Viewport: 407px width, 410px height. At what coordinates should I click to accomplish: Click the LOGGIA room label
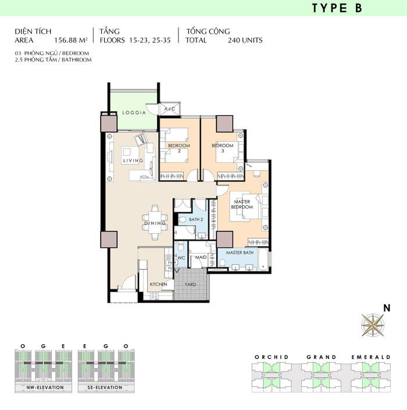tap(134, 113)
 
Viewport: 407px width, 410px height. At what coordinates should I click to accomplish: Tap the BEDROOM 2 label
tap(179, 148)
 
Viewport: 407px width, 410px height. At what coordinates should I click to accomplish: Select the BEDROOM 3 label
tap(223, 148)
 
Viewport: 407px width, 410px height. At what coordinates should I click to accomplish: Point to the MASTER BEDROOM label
tap(242, 204)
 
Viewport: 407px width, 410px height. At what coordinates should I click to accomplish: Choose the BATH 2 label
tap(196, 219)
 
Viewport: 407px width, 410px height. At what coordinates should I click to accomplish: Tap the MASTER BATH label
tap(240, 252)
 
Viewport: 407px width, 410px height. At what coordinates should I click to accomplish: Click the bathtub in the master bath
tap(263, 259)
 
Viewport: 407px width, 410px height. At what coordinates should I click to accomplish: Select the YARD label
tap(190, 284)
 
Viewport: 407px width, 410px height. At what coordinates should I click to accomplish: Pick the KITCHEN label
tap(158, 284)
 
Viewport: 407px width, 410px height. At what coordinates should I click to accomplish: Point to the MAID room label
tap(201, 257)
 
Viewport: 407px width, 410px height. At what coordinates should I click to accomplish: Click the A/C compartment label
tap(170, 109)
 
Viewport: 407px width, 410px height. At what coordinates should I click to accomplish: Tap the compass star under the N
tap(373, 325)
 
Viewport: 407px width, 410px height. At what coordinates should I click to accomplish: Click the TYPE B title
tap(337, 8)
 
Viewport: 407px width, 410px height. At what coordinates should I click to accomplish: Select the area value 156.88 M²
tap(70, 40)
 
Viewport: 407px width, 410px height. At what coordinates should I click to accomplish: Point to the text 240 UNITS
tap(245, 40)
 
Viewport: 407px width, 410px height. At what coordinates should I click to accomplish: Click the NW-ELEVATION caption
tap(45, 387)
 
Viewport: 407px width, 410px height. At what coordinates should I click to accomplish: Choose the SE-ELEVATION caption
tap(105, 387)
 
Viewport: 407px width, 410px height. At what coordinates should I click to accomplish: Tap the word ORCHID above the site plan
tap(272, 357)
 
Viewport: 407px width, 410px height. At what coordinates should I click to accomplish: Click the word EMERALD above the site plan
tap(371, 357)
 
